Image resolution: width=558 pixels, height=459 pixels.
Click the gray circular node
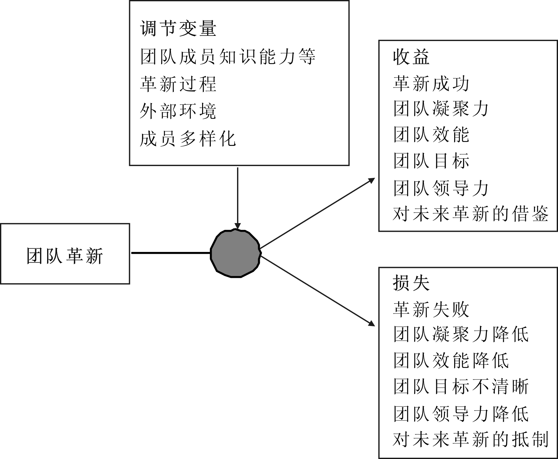point(236,253)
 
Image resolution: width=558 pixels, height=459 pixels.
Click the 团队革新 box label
point(65,256)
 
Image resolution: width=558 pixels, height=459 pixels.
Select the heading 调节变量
point(178,28)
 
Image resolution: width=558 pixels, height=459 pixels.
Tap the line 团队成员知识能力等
point(228,56)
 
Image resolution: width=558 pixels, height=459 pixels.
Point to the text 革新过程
point(178,84)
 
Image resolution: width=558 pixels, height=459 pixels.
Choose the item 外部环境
point(178,112)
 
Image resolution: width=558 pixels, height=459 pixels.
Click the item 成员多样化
point(188,139)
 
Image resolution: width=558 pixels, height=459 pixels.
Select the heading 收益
point(412,57)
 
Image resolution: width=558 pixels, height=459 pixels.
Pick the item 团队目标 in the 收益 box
point(431,161)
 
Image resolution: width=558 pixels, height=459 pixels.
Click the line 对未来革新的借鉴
point(471,213)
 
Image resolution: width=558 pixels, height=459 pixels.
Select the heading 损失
point(412,283)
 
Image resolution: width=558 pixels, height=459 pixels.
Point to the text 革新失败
point(431,309)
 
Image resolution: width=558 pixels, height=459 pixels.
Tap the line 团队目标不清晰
point(461,387)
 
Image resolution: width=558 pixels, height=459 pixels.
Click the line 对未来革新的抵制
point(471,439)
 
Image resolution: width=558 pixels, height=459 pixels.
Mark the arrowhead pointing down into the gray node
point(237,226)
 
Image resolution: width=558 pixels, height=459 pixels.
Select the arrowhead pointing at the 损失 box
point(372,323)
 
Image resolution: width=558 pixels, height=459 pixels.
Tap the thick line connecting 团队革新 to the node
point(171,253)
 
